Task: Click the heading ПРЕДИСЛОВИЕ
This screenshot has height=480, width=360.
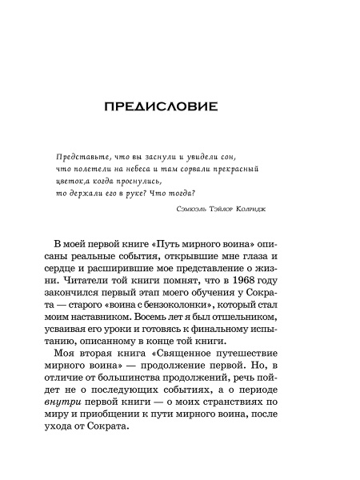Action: click(180, 109)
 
